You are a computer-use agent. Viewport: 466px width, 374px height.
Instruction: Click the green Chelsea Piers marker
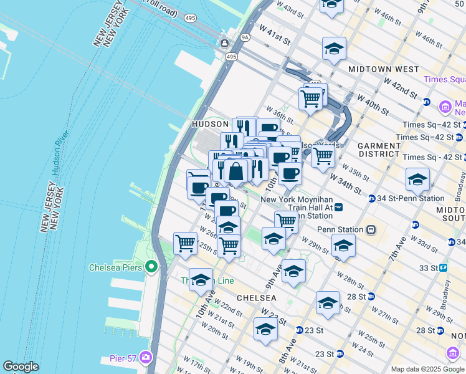151,267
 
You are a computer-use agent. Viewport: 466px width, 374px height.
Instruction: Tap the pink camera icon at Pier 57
146,357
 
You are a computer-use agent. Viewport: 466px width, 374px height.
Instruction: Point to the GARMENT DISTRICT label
379,150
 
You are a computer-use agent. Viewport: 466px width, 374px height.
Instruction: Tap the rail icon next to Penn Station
371,229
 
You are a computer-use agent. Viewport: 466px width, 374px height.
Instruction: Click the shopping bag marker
237,171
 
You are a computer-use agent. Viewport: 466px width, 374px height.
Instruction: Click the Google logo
21,367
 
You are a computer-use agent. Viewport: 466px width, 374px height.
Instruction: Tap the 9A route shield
245,37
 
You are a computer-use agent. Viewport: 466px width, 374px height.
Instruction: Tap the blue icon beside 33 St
443,267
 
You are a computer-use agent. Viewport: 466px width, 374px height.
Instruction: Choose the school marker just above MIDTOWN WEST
334,48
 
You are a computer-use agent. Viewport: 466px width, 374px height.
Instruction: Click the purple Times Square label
444,79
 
